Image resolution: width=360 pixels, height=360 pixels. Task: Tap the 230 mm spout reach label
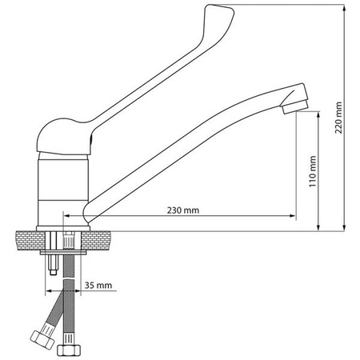click(x=183, y=210)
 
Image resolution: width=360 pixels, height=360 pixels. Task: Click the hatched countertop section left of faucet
click(x=30, y=237)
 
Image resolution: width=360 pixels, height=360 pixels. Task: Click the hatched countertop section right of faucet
click(x=101, y=237)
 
